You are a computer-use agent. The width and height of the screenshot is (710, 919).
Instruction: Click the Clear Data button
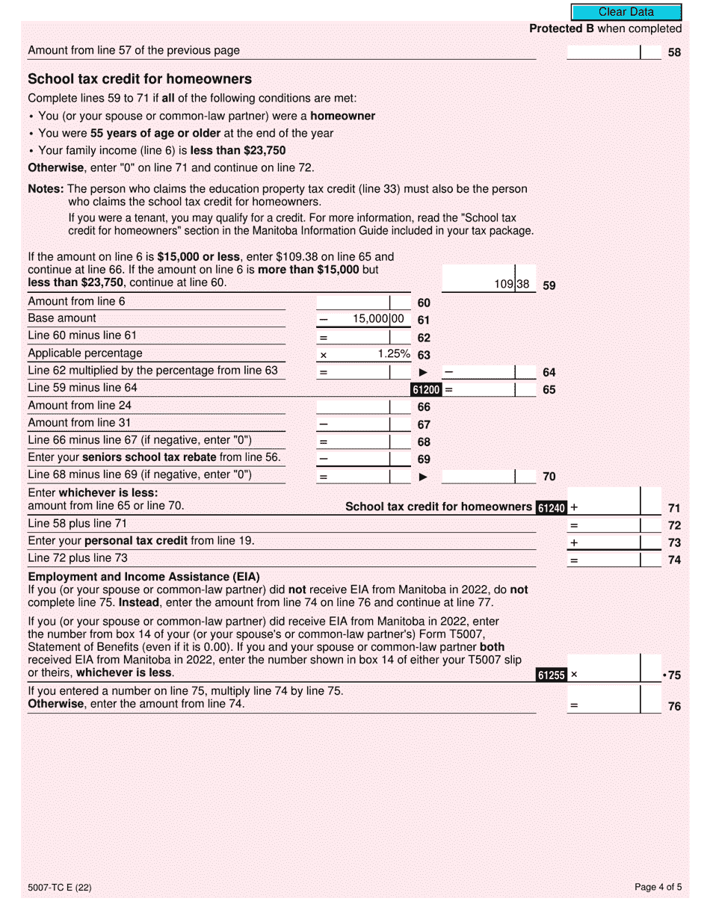[626, 12]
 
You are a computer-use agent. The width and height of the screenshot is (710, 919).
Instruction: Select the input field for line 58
[604, 52]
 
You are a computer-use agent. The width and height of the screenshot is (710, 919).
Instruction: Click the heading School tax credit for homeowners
[140, 79]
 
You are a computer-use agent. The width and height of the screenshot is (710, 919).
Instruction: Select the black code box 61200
[426, 389]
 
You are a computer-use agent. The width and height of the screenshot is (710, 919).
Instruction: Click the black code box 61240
[552, 508]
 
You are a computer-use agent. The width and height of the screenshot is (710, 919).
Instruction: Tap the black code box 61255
[552, 675]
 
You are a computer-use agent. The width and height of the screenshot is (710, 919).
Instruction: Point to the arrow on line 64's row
[423, 372]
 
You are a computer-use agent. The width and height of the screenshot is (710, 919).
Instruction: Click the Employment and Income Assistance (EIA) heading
[143, 577]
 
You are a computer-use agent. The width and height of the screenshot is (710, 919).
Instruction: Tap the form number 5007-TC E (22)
[60, 888]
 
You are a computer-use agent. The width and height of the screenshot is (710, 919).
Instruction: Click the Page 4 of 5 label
[658, 888]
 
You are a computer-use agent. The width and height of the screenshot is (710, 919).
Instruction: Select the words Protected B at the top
[556, 29]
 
